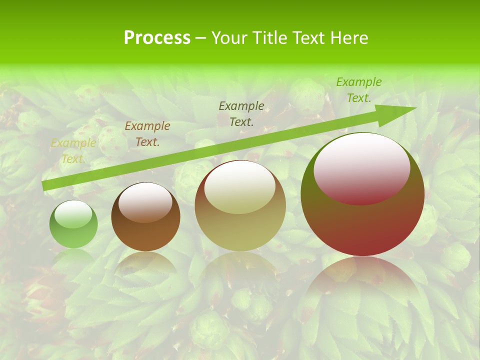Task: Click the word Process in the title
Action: [x=157, y=38]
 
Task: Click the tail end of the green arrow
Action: [x=45, y=186]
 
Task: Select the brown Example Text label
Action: [x=147, y=134]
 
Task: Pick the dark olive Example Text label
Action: [x=241, y=113]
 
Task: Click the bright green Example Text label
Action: [x=358, y=90]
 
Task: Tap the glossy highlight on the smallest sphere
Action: [x=73, y=214]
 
